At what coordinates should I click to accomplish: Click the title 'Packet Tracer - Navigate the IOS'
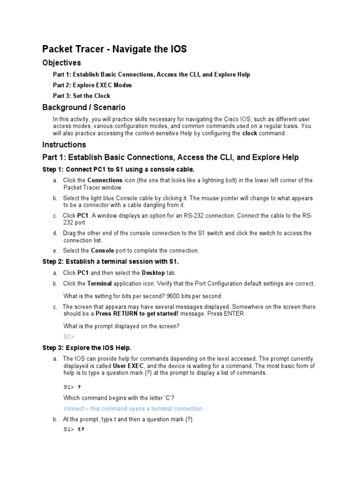114,49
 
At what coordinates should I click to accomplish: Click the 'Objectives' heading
61,63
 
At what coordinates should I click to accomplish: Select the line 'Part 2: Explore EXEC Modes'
92,85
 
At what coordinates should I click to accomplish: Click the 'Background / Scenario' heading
84,108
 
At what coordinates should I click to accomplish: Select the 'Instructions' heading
64,145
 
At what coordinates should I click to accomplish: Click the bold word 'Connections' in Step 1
105,180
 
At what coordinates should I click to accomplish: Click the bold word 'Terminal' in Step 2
99,284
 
